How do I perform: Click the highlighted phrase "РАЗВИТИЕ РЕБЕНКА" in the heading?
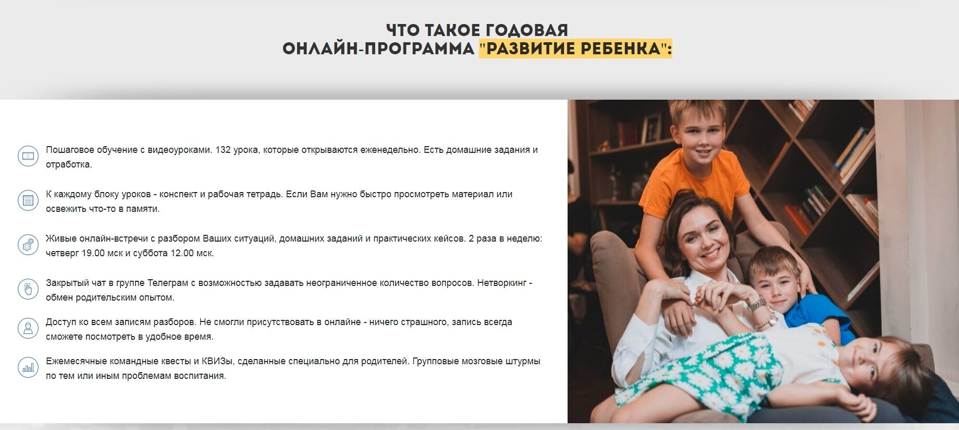pyautogui.click(x=575, y=49)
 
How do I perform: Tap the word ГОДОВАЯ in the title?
pyautogui.click(x=523, y=30)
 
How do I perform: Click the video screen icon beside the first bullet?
pyautogui.click(x=28, y=156)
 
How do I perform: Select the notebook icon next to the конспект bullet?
pyautogui.click(x=28, y=200)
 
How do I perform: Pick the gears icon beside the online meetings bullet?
pyautogui.click(x=28, y=245)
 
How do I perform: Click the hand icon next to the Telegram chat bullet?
pyautogui.click(x=28, y=289)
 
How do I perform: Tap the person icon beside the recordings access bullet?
pyautogui.click(x=28, y=328)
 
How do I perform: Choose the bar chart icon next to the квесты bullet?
pyautogui.click(x=28, y=367)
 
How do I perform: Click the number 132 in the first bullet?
pyautogui.click(x=223, y=150)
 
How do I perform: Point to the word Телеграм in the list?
pyautogui.click(x=166, y=283)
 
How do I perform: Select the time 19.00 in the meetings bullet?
pyautogui.click(x=94, y=253)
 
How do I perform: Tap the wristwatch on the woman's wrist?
pyautogui.click(x=757, y=304)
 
